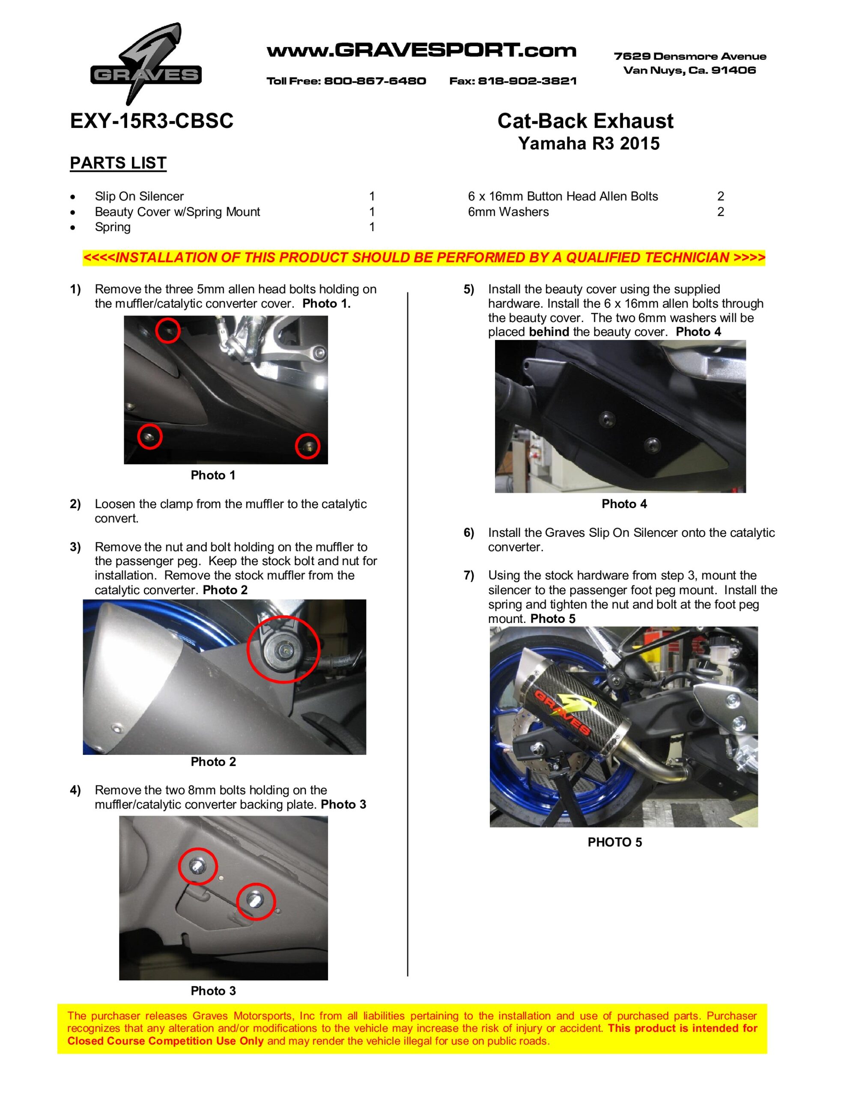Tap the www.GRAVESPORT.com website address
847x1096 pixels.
click(421, 51)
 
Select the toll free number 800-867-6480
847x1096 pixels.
click(375, 81)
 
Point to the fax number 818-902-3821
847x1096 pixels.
click(527, 81)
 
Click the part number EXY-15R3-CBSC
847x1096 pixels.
click(152, 121)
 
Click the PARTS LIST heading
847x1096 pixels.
click(118, 163)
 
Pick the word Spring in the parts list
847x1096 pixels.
click(113, 227)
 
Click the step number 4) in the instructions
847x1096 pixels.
click(75, 790)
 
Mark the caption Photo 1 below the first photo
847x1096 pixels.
click(213, 475)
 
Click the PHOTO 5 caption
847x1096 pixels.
click(614, 843)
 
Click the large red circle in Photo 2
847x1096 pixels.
click(283, 649)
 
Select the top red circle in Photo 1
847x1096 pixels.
click(168, 330)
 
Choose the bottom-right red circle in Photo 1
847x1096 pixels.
click(307, 446)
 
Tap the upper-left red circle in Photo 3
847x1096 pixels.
click(198, 866)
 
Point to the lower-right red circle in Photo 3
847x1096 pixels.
click(256, 901)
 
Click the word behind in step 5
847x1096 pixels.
click(549, 332)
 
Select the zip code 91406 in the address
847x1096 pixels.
click(734, 70)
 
